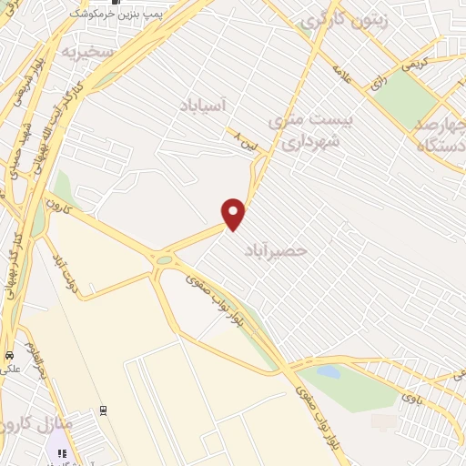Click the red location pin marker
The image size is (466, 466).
click(234, 214)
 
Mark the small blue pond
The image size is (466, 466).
click(329, 371)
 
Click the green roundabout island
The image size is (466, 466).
click(164, 261)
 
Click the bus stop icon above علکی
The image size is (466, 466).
click(9, 356)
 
